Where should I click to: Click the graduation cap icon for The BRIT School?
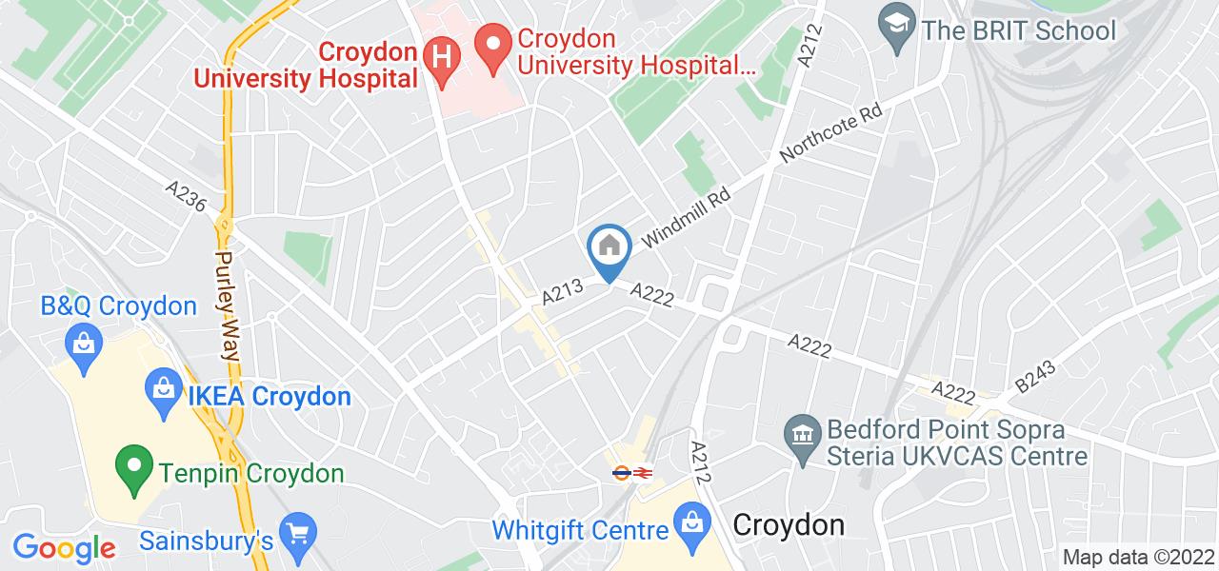[x=896, y=30]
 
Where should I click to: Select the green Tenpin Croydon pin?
[x=134, y=467]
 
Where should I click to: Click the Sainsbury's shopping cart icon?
[x=297, y=532]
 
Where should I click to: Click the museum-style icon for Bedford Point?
[x=801, y=434]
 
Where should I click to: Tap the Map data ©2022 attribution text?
[x=1137, y=558]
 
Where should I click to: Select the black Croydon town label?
[x=789, y=525]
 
